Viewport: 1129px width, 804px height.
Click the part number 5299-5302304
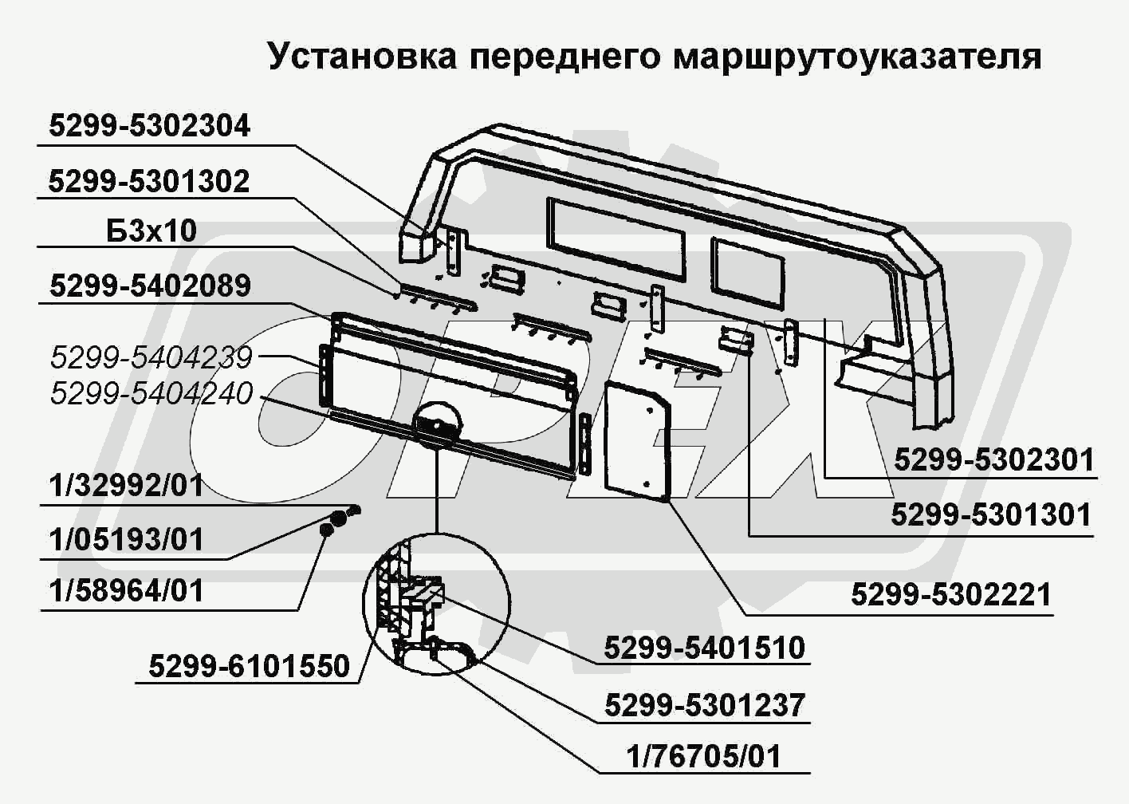[x=149, y=126]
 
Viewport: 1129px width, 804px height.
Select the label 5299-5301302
[x=149, y=181]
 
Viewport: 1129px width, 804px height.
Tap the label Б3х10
[x=151, y=231]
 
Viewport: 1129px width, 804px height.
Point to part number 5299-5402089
[x=150, y=286]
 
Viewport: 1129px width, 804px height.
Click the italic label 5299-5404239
[x=151, y=357]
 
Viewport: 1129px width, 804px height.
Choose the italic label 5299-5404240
[x=151, y=393]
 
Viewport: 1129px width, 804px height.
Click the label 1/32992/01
[x=126, y=486]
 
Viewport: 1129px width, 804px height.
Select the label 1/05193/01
[x=126, y=540]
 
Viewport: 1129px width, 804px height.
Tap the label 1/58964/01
[x=126, y=591]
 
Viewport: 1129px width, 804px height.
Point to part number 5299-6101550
[x=250, y=667]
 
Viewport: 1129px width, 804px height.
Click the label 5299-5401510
[x=705, y=648]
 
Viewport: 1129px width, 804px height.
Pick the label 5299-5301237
[x=705, y=705]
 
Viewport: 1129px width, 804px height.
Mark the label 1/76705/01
[x=704, y=756]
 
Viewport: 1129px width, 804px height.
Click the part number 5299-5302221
[x=951, y=595]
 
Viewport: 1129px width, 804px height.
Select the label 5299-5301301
[x=991, y=514]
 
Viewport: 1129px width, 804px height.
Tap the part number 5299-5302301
[x=994, y=460]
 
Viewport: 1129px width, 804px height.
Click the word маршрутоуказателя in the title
[x=857, y=57]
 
